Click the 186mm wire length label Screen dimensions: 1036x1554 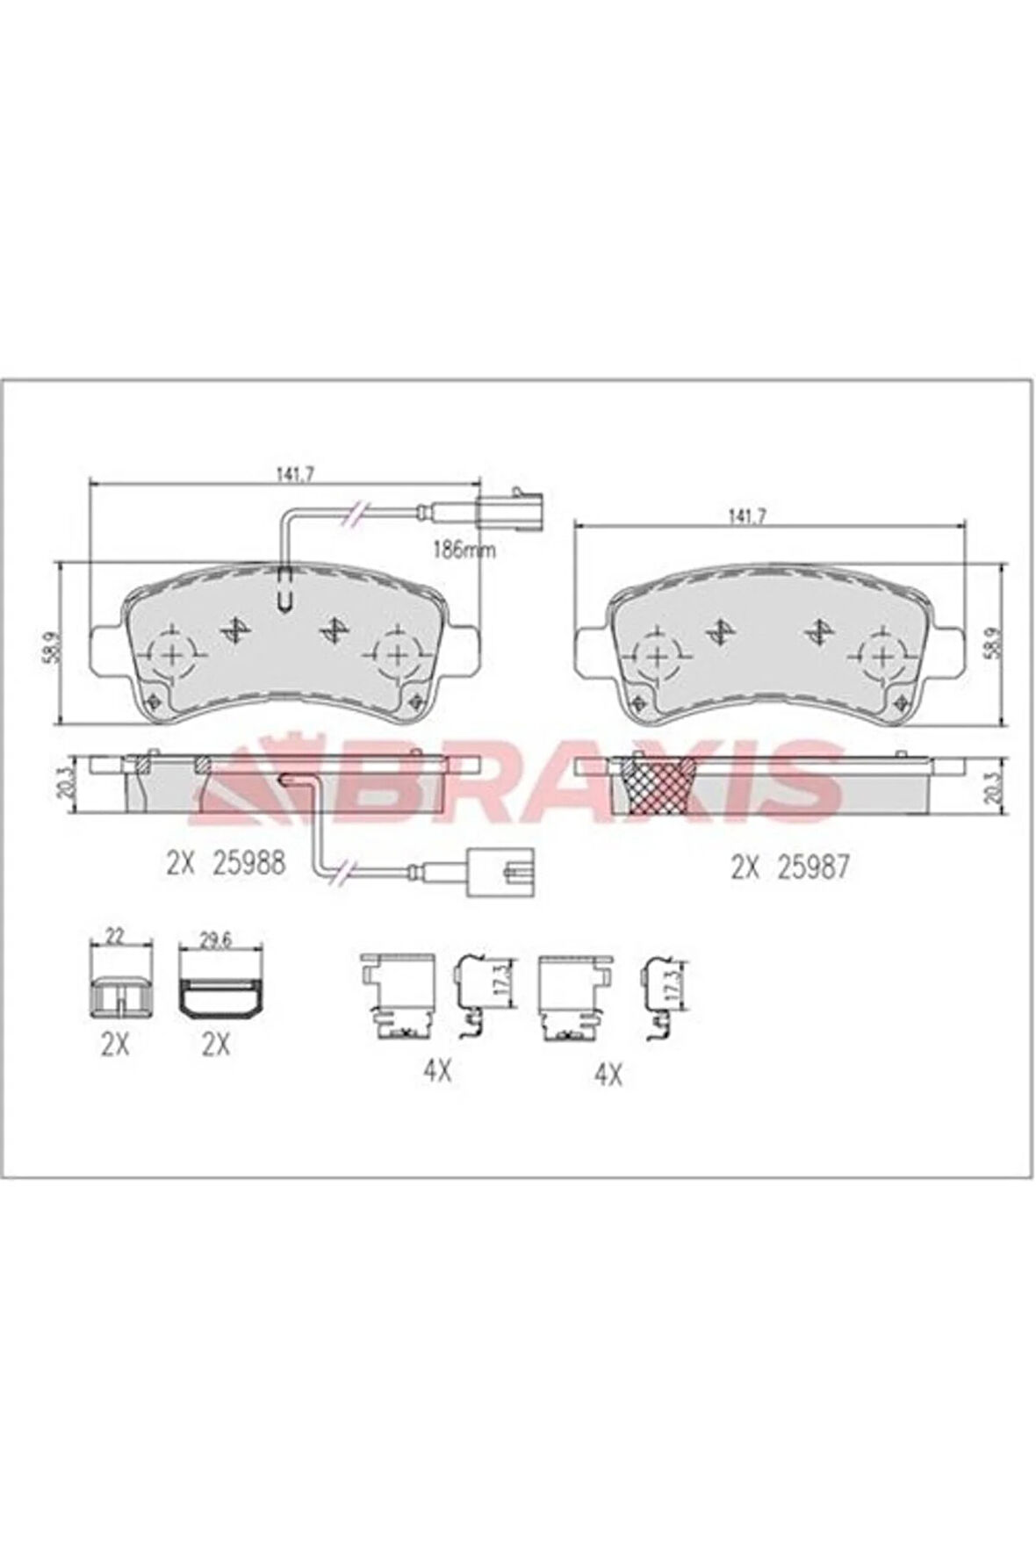[465, 551]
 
